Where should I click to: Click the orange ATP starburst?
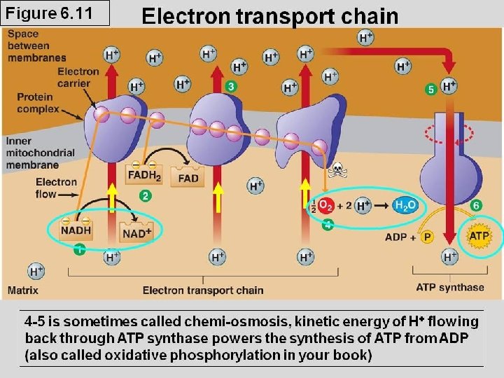(x=479, y=236)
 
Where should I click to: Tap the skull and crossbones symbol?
(x=337, y=170)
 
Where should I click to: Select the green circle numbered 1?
(x=80, y=248)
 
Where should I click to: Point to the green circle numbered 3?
(x=231, y=86)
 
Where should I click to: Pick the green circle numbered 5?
(x=431, y=89)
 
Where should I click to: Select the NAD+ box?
(x=136, y=233)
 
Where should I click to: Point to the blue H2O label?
(x=405, y=206)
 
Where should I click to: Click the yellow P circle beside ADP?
(x=427, y=237)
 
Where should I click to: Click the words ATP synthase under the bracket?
(x=449, y=287)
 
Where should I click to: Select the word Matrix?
(x=23, y=289)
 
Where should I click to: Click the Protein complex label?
(x=38, y=103)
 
